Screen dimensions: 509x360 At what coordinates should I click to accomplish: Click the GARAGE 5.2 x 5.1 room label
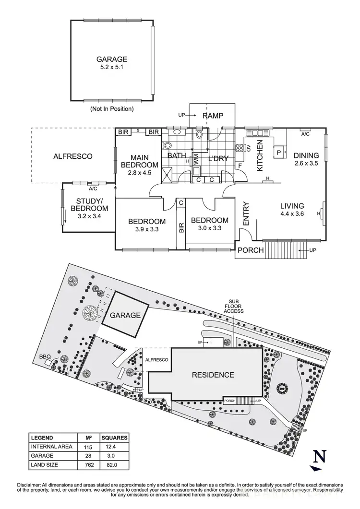(x=112, y=63)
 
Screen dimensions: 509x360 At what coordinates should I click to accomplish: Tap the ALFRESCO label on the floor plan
(x=72, y=156)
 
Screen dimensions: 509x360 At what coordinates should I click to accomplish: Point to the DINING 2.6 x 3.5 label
(x=306, y=159)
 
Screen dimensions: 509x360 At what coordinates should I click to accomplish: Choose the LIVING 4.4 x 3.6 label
(x=292, y=210)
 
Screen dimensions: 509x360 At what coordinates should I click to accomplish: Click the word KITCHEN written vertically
(x=260, y=155)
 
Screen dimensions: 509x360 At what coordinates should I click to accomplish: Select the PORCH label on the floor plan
(x=251, y=250)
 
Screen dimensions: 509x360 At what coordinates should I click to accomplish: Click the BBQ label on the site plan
(x=46, y=356)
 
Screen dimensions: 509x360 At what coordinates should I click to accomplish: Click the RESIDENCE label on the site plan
(x=213, y=375)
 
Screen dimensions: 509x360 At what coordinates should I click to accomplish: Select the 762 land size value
(x=88, y=464)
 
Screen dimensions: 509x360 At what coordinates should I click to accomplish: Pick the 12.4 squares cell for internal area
(x=114, y=446)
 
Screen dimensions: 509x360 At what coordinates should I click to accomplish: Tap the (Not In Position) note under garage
(x=112, y=109)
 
